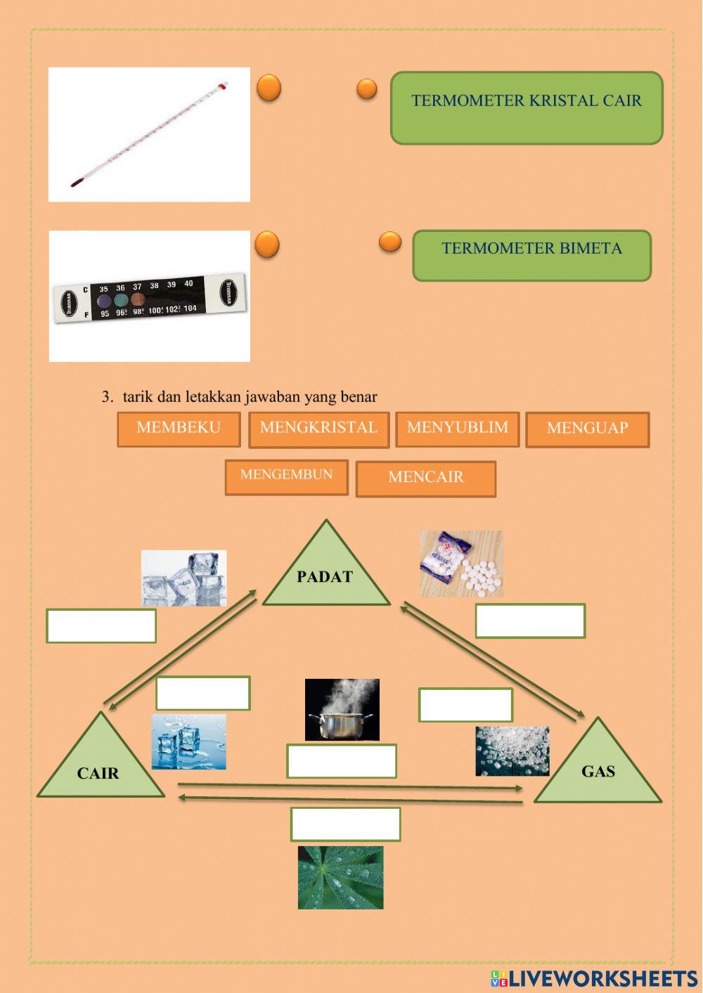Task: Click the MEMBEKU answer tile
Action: point(179,429)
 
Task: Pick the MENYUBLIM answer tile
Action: point(457,429)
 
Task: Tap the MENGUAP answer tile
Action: point(587,429)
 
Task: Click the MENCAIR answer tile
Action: point(425,479)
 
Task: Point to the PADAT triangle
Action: point(325,573)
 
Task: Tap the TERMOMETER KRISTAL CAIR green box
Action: point(527,108)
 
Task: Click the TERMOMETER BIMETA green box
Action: point(531,255)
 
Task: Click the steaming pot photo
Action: point(342,709)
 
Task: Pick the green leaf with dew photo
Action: point(340,878)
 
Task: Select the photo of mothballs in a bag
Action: point(461,564)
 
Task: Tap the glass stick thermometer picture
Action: point(149,134)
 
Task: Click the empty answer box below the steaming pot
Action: point(342,761)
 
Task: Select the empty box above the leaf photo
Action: point(345,824)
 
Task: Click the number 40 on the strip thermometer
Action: point(188,284)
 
